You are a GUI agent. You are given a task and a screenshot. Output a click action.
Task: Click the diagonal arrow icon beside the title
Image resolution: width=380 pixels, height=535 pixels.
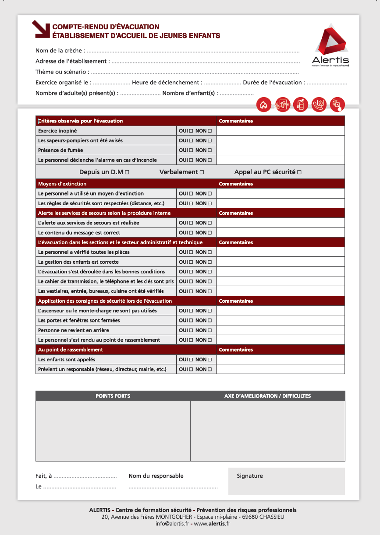[41, 28]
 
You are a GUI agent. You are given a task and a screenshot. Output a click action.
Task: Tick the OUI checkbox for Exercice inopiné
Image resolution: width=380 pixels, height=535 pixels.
[191, 131]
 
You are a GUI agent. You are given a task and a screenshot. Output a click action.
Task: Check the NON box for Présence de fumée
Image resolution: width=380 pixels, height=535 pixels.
[210, 150]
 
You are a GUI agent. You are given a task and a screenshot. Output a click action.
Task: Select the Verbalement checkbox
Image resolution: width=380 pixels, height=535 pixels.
[202, 172]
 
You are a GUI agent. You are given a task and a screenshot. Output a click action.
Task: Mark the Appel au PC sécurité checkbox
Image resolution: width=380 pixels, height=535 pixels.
[299, 172]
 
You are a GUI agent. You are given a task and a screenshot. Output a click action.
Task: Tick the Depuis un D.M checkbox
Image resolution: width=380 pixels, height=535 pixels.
[127, 172]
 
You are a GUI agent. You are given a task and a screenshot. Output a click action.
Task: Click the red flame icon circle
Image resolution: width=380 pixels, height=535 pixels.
[263, 105]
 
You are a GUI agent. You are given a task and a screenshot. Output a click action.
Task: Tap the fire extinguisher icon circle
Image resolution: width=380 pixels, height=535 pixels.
[300, 105]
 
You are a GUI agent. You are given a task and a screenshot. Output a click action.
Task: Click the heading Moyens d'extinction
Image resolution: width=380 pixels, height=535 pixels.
[62, 184]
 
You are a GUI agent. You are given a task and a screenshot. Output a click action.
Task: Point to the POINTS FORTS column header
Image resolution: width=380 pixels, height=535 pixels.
[113, 396]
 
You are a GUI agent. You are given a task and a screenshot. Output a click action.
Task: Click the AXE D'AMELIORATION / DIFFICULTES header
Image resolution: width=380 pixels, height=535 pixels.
[267, 396]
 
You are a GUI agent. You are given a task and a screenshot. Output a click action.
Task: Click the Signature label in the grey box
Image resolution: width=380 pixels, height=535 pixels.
[250, 476]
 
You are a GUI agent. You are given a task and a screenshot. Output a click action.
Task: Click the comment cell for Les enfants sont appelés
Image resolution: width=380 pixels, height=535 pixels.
[281, 360]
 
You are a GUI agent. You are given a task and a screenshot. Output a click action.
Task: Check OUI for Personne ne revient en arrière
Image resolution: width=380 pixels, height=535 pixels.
[191, 330]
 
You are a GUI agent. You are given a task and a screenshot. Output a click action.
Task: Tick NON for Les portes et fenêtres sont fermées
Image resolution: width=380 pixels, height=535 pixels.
[210, 321]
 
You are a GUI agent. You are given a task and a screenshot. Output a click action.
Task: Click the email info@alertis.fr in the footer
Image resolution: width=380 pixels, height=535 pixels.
[172, 524]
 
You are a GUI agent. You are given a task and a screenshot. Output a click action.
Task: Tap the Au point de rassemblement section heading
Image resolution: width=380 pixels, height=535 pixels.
[71, 350]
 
